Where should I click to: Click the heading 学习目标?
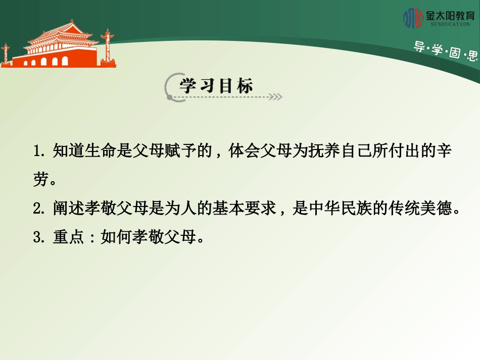tap(216, 86)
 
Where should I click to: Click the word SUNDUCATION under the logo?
tap(449, 24)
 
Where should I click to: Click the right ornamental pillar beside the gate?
tap(107, 48)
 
